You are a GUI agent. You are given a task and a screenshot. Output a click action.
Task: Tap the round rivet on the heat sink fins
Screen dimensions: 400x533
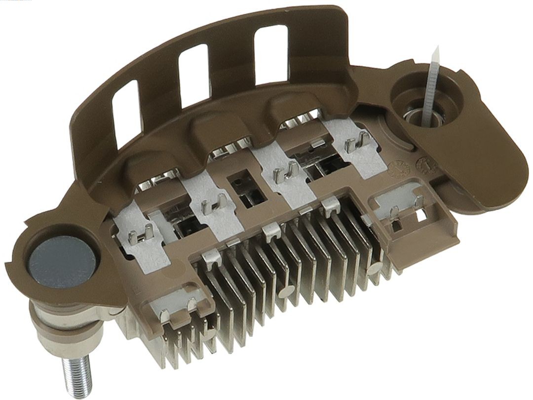(x=285, y=291)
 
